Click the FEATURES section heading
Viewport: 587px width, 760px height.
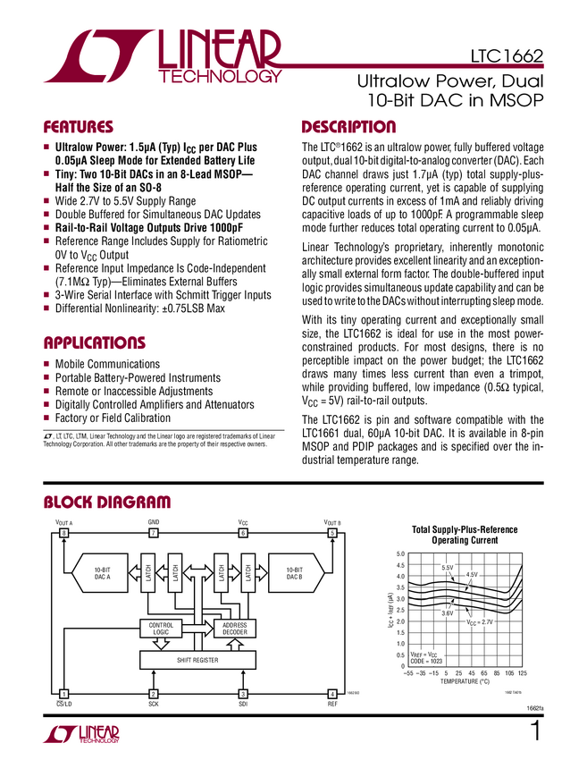tap(79, 127)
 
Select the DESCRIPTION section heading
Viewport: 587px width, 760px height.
tap(348, 127)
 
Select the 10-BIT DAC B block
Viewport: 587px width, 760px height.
tap(295, 573)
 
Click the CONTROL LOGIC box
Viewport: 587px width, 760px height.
tap(161, 629)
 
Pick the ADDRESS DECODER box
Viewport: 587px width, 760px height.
tap(234, 629)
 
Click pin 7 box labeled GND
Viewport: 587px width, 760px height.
tap(153, 534)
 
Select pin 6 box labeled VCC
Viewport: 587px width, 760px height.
tap(242, 534)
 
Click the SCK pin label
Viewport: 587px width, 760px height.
tap(153, 705)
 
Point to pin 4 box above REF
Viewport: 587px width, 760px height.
tap(332, 694)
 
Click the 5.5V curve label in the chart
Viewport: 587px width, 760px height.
tap(448, 568)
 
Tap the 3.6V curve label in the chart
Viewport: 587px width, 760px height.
tap(448, 613)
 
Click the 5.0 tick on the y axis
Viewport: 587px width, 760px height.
tap(401, 555)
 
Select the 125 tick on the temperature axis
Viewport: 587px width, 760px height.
tap(523, 673)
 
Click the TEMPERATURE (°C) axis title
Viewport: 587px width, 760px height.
tap(465, 682)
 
